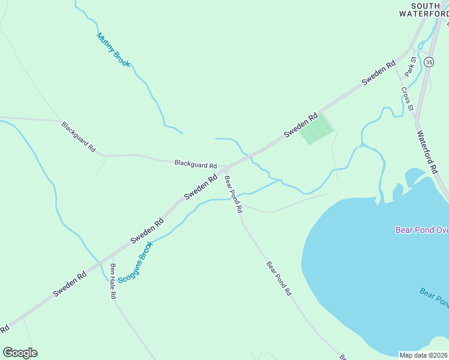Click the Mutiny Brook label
click(113, 49)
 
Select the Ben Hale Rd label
click(112, 282)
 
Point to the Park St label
click(411, 66)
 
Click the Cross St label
click(407, 99)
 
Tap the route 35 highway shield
click(429, 62)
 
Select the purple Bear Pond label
click(421, 230)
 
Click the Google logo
click(20, 353)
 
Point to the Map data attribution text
click(424, 355)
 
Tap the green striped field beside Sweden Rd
click(316, 129)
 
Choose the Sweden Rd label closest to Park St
click(378, 73)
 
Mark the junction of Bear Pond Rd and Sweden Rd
click(226, 168)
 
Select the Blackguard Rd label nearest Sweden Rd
click(195, 164)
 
